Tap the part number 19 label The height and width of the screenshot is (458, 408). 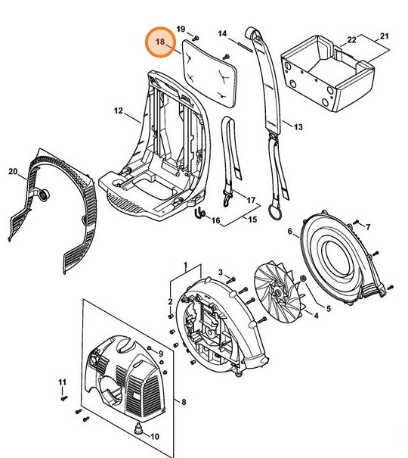[x=181, y=29]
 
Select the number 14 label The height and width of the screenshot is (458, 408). [x=223, y=34]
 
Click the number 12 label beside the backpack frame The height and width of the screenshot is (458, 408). [x=118, y=111]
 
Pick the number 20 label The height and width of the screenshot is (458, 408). [x=12, y=172]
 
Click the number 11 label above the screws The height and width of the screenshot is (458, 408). [x=63, y=382]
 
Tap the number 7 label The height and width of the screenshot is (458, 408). [x=368, y=227]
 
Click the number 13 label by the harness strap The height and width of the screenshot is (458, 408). [x=298, y=127]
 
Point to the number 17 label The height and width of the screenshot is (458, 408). [x=252, y=200]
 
